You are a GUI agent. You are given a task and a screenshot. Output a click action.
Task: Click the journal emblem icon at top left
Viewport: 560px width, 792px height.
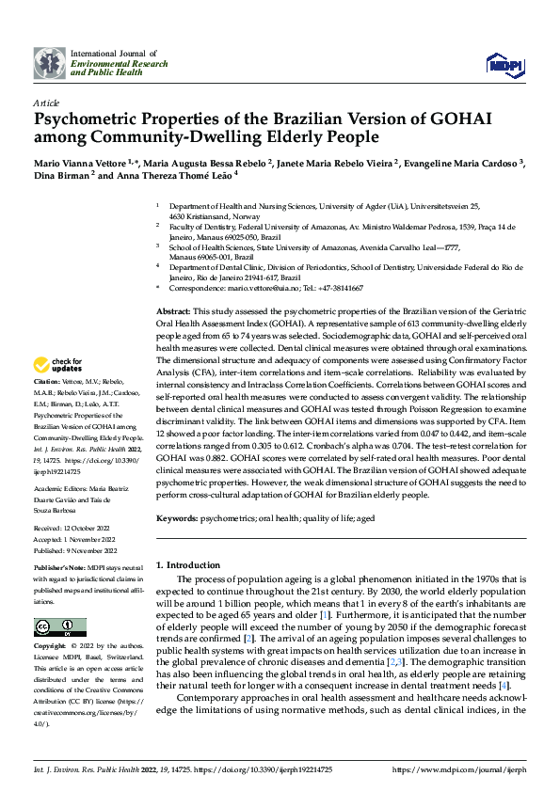pos(50,63)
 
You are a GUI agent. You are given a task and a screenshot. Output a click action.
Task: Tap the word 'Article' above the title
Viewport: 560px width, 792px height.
pos(46,103)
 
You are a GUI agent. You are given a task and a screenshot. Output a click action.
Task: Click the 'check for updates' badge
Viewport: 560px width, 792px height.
pos(58,364)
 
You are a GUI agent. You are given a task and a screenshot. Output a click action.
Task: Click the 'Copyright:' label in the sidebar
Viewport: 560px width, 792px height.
pos(50,646)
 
